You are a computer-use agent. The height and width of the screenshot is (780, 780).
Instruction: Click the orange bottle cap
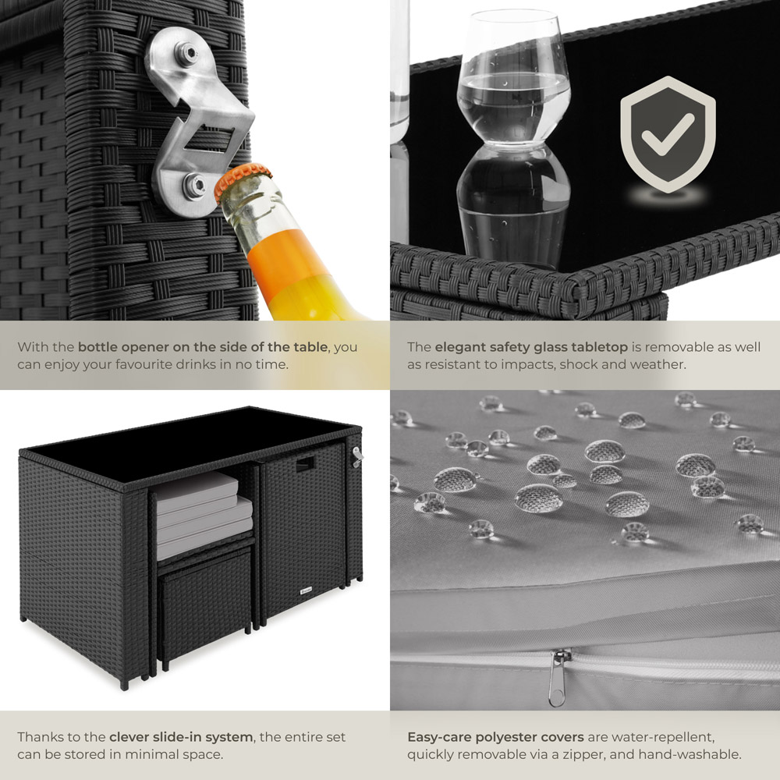pyautogui.click(x=243, y=181)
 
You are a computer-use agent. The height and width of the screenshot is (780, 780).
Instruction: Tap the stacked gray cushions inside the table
pyautogui.click(x=204, y=515)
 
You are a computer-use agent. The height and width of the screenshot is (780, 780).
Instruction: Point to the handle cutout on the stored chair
pyautogui.click(x=306, y=464)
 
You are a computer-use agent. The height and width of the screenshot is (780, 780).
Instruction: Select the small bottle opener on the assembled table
pyautogui.click(x=356, y=456)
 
